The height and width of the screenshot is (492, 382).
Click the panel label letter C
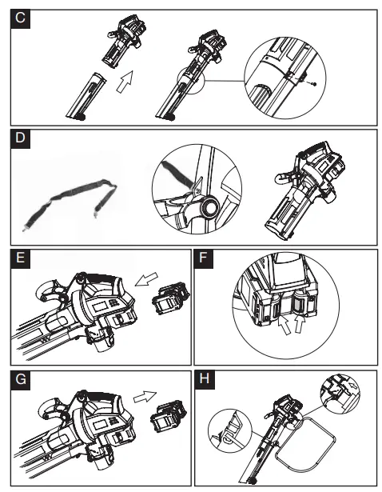pyautogui.click(x=20, y=18)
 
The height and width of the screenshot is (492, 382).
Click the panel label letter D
pyautogui.click(x=20, y=138)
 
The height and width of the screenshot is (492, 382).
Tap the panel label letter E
pyautogui.click(x=20, y=258)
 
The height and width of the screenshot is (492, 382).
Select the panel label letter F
pyautogui.click(x=203, y=258)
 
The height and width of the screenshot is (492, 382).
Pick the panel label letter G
pyautogui.click(x=20, y=379)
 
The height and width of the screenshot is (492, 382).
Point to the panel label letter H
pyautogui.click(x=204, y=378)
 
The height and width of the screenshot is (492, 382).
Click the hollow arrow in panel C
pyautogui.click(x=125, y=82)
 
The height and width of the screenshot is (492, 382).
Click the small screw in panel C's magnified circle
pyautogui.click(x=314, y=84)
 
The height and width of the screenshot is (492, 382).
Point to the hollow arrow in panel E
pyautogui.click(x=146, y=279)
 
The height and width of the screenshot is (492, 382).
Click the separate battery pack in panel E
pyautogui.click(x=170, y=298)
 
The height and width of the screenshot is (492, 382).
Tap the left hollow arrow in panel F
pyautogui.click(x=285, y=326)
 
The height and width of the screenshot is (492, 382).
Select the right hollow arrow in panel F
pyautogui.click(x=300, y=324)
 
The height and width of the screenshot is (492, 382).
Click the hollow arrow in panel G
pyautogui.click(x=145, y=397)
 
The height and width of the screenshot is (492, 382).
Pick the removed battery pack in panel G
pyautogui.click(x=169, y=416)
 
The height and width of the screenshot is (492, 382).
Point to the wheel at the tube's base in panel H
pyautogui.click(x=250, y=480)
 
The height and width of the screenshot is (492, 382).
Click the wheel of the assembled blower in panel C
pyautogui.click(x=169, y=118)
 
